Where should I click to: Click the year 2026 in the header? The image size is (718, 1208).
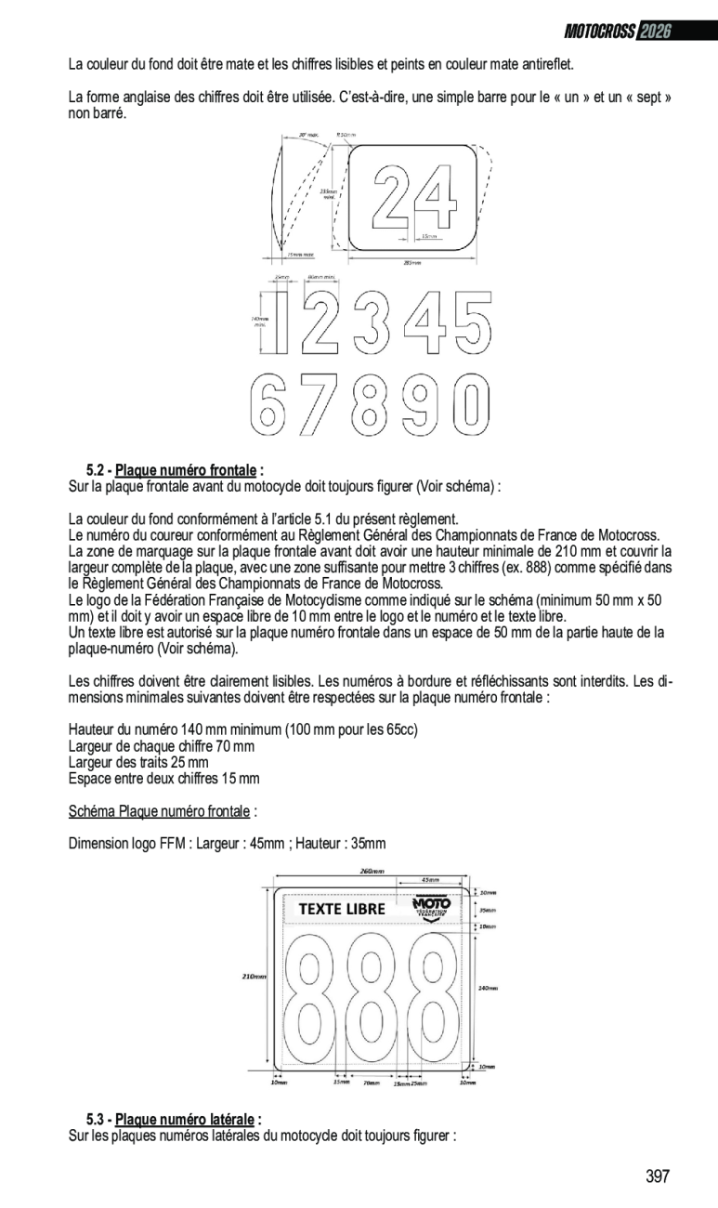click(x=655, y=32)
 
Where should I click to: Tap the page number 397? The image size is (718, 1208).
click(x=658, y=1176)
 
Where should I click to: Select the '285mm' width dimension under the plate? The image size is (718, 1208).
click(x=411, y=263)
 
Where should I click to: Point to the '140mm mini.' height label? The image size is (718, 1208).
click(x=259, y=322)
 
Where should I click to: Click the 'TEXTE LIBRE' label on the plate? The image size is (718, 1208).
click(x=341, y=909)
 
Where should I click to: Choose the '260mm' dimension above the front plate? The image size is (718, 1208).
click(x=372, y=871)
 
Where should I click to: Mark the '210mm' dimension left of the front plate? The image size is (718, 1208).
click(x=254, y=977)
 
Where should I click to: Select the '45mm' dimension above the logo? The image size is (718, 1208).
click(x=430, y=880)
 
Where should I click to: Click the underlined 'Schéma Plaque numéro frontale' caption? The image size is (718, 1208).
click(x=160, y=812)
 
